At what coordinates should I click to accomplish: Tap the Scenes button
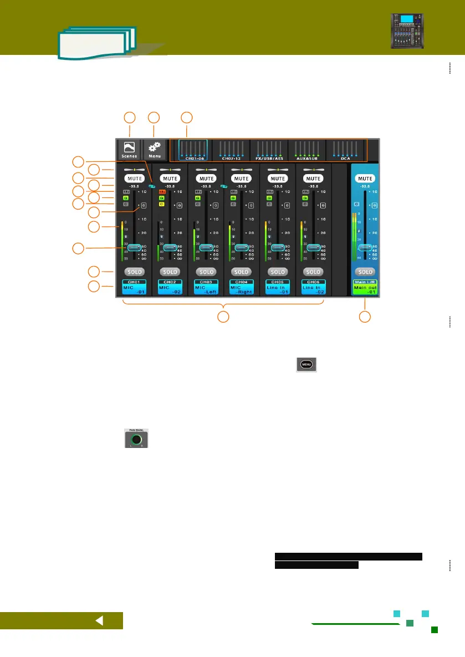point(129,150)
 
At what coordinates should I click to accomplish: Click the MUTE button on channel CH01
point(134,179)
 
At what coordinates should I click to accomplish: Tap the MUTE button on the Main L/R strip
point(365,179)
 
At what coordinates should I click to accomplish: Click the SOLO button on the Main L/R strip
point(365,272)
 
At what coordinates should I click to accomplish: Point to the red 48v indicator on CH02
point(161,191)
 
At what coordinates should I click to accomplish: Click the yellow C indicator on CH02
point(161,204)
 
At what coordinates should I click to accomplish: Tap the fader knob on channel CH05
point(277,248)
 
